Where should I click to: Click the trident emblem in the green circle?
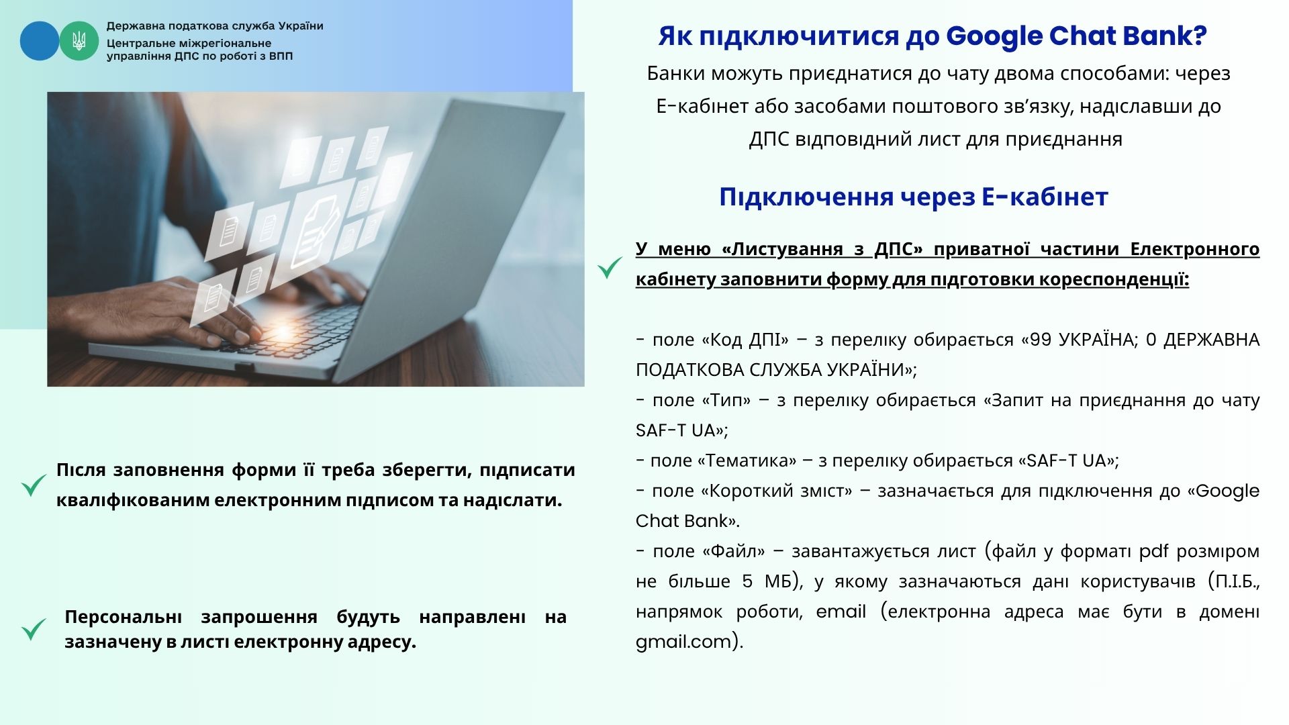[x=79, y=41]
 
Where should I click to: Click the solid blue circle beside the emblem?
[x=40, y=41]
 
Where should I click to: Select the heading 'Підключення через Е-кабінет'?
[x=913, y=197]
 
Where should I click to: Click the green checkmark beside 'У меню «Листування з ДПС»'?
[x=610, y=268]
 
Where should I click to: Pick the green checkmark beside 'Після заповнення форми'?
[x=34, y=485]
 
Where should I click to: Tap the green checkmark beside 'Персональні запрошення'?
[x=34, y=629]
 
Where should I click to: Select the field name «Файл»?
[x=734, y=551]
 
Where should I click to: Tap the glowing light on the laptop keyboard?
[x=283, y=331]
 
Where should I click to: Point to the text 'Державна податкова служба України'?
[x=215, y=26]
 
